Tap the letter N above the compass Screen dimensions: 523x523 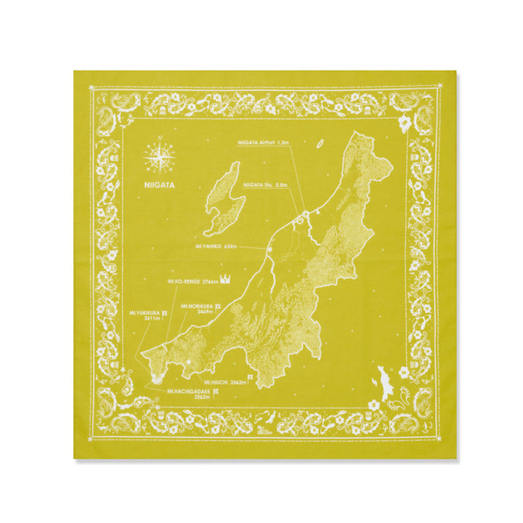coord(158,138)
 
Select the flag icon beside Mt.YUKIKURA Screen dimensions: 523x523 coord(165,313)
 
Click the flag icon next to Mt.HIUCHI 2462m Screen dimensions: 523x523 coord(251,378)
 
